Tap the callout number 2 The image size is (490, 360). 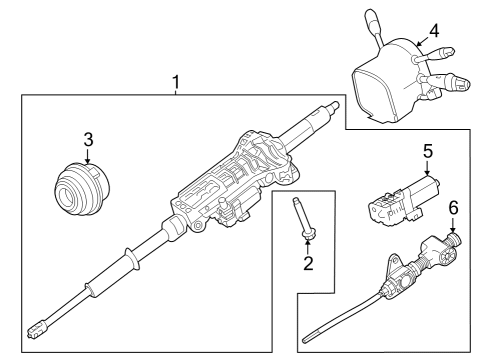pyautogui.click(x=308, y=263)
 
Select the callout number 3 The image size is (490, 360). pyautogui.click(x=88, y=140)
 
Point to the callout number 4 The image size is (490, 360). pyautogui.click(x=434, y=31)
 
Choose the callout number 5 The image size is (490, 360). pyautogui.click(x=428, y=151)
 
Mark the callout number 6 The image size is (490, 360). pyautogui.click(x=453, y=208)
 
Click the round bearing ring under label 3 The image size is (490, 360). pyautogui.click(x=82, y=189)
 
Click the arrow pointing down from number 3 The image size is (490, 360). pyautogui.click(x=88, y=156)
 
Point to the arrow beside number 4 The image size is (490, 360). pyautogui.click(x=423, y=42)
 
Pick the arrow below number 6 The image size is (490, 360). pyautogui.click(x=453, y=225)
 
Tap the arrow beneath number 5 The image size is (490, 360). pyautogui.click(x=427, y=168)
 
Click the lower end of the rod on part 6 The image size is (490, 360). pyautogui.click(x=305, y=340)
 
